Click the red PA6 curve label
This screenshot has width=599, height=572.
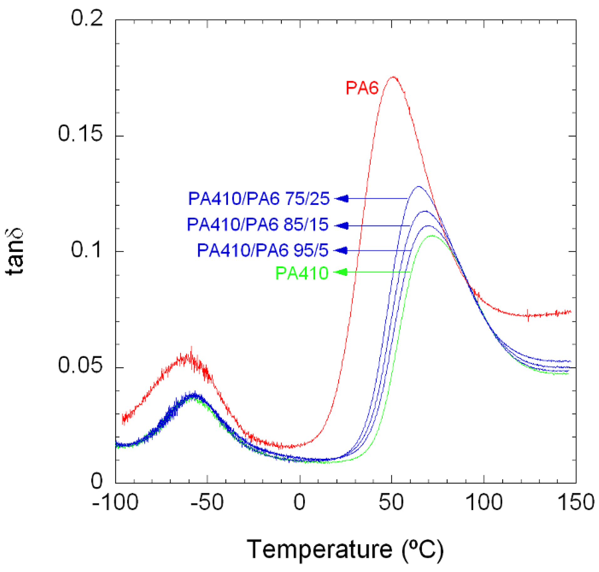(x=362, y=88)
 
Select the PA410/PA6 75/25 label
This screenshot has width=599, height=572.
(x=259, y=198)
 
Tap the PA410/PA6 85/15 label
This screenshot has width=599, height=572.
(x=257, y=224)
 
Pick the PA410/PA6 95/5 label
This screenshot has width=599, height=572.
(x=262, y=250)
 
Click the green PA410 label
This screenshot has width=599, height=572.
(x=302, y=273)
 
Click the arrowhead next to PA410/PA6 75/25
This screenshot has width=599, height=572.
(x=342, y=198)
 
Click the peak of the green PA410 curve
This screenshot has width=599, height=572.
(x=432, y=235)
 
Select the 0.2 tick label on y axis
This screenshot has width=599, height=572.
(x=87, y=18)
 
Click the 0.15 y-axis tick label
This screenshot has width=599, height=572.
(x=80, y=133)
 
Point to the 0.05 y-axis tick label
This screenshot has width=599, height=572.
(x=80, y=365)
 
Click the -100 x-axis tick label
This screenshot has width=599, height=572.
(x=115, y=502)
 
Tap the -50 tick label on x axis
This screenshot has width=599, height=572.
(x=207, y=502)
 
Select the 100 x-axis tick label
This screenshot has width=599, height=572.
(x=483, y=502)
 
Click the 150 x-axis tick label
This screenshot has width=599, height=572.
(x=576, y=502)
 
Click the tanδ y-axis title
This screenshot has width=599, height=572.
(x=15, y=252)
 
